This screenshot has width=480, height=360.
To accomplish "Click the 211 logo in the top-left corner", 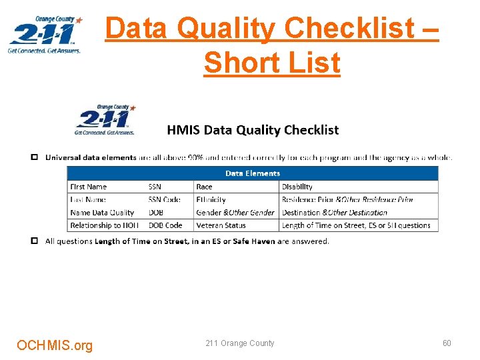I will [45, 35].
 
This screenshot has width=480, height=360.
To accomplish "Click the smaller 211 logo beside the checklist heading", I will [105, 120].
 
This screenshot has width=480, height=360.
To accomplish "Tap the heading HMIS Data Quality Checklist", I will [253, 130].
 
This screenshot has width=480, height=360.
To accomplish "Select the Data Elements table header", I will [253, 173].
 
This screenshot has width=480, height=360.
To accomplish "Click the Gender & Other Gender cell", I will [235, 213].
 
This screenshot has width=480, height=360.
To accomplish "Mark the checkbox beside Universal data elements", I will [34, 157].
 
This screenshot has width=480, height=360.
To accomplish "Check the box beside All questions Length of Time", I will [34, 241].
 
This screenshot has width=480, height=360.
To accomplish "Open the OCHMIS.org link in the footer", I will [55, 345].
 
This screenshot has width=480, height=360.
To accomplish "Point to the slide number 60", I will [447, 343].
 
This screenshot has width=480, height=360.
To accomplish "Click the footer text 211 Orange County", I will [240, 343].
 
